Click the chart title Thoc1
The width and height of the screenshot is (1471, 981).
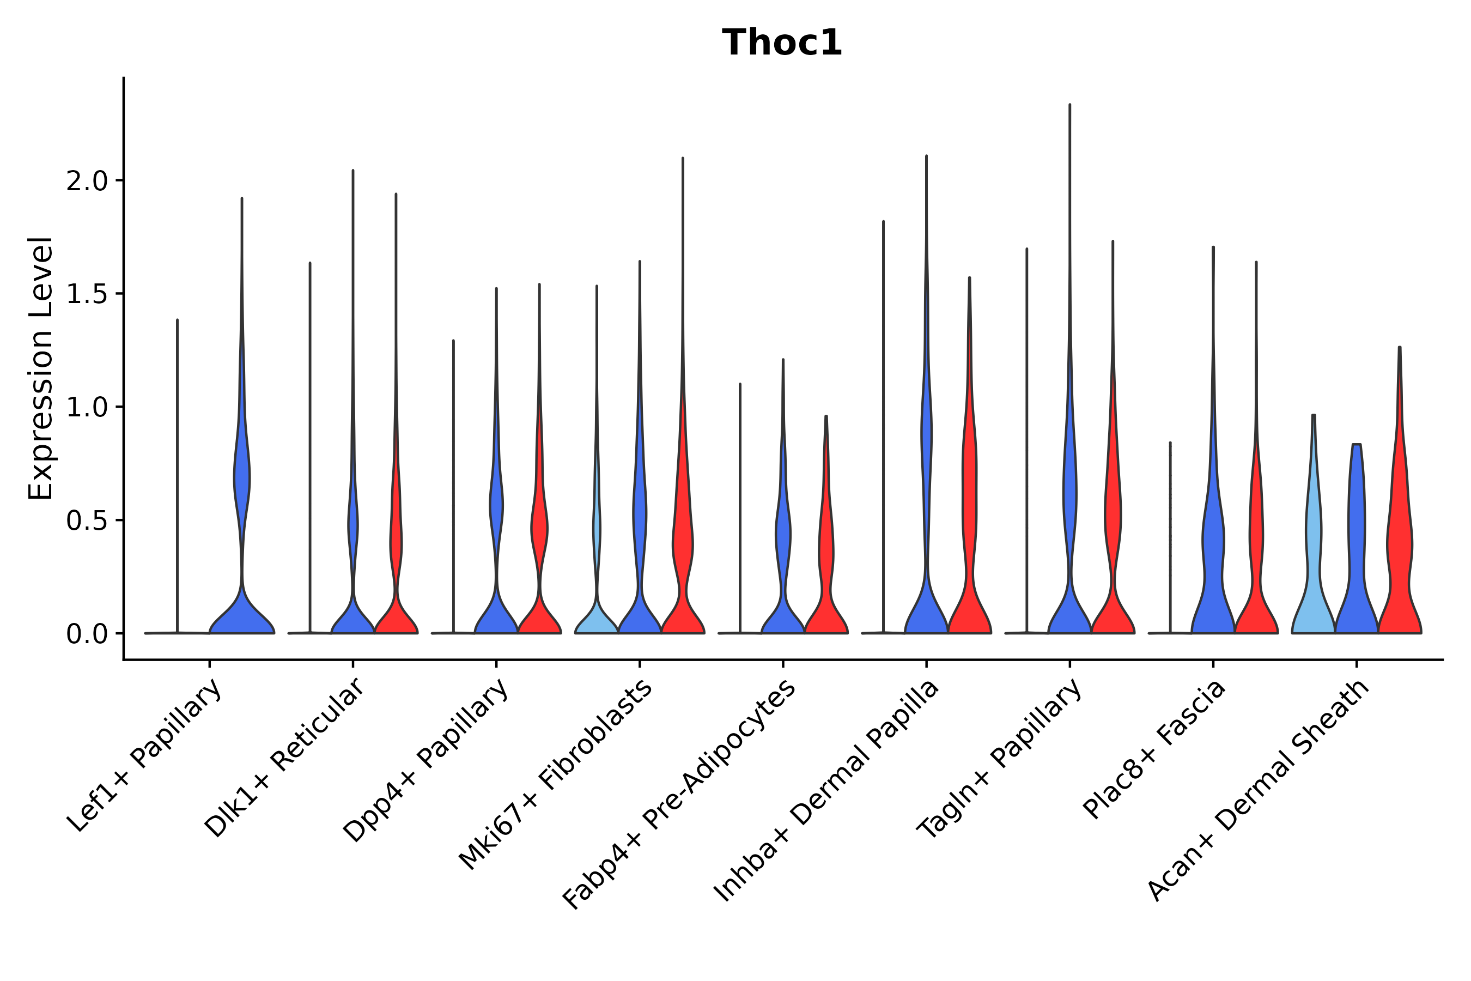pyautogui.click(x=782, y=43)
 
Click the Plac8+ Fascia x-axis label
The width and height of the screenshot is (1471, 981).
pyautogui.click(x=1154, y=749)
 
